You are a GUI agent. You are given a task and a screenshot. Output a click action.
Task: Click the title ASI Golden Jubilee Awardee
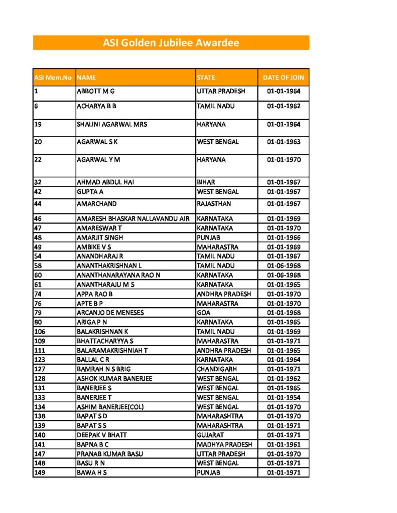pos(171,43)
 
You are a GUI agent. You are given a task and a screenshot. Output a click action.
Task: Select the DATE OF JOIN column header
pos(283,78)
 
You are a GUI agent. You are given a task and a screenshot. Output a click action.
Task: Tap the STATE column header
pos(206,78)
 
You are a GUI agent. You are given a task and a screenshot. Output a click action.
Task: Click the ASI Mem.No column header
pos(53,78)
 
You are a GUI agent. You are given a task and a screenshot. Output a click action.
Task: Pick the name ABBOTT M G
pos(96,91)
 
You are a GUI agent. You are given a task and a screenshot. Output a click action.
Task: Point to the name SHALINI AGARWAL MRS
pos(111,124)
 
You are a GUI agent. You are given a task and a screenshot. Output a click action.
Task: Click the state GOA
pos(204,313)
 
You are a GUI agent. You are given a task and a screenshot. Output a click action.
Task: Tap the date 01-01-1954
pos(284,397)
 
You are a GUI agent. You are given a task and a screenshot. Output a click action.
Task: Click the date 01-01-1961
pos(284,444)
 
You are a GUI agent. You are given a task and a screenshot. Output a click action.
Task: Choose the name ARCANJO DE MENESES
pos(110,313)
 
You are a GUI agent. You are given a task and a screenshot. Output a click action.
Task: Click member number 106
pos(40,332)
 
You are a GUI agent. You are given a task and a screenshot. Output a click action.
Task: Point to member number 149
pos(40,472)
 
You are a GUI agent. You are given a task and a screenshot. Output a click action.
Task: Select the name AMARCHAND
pos(96,204)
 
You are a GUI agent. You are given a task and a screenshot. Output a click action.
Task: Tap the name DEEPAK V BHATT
pos(101,435)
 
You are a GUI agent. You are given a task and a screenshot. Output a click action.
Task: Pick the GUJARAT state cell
pos(210,435)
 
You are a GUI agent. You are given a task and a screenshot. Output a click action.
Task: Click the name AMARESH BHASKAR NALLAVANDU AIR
pos(133,219)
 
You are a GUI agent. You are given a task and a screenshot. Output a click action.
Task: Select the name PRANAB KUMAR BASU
pos(109,454)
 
